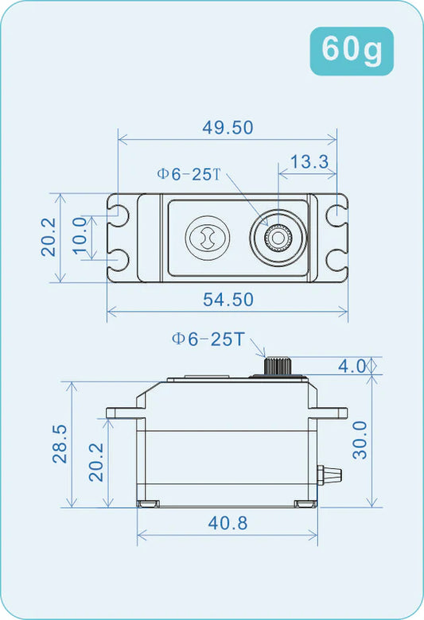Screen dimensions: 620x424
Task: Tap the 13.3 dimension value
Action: (309, 162)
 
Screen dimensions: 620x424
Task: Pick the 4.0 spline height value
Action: (352, 366)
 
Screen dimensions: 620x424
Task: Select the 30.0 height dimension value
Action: (360, 440)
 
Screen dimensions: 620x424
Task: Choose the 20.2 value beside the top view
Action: (48, 237)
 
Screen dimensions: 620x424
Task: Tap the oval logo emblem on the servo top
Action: (207, 237)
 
